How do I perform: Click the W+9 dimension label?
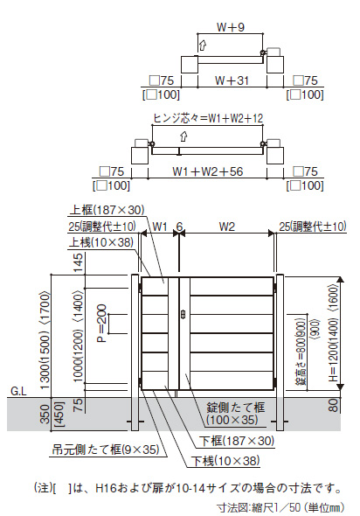(x=231, y=27)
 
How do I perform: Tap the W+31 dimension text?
(x=232, y=80)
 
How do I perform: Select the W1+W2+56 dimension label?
(x=207, y=171)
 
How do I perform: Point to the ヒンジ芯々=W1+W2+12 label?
(x=208, y=118)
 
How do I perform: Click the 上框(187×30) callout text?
(x=107, y=210)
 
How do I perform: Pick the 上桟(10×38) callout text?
(x=101, y=242)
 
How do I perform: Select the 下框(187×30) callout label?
(x=237, y=441)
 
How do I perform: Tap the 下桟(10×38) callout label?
(x=225, y=461)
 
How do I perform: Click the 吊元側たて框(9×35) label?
(x=106, y=450)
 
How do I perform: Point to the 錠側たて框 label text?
(x=236, y=408)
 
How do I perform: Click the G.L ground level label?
(x=18, y=391)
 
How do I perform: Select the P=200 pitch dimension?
(x=102, y=324)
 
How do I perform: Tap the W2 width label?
(x=227, y=227)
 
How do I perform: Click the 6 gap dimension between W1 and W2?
(x=179, y=227)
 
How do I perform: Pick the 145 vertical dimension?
(x=78, y=263)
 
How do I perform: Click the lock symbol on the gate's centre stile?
(x=183, y=314)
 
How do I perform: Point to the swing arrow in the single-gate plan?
(x=203, y=45)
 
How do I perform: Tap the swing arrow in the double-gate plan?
(x=183, y=136)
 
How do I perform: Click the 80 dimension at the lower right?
(x=333, y=405)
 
